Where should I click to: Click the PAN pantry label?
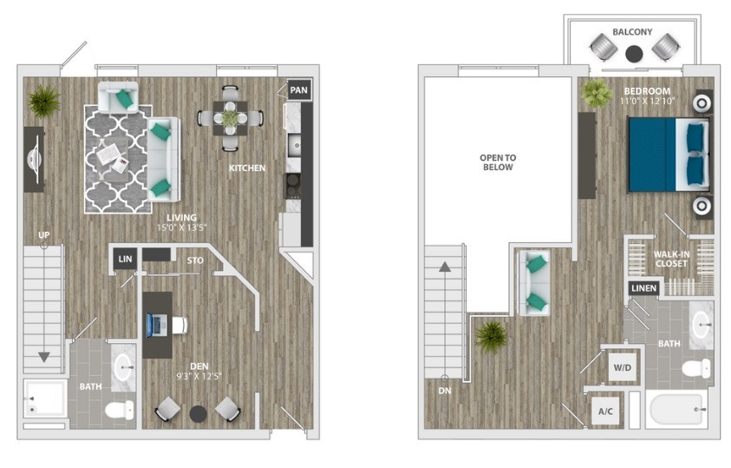point(299,90)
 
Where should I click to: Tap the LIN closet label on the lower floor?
point(125,259)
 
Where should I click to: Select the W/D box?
point(623,367)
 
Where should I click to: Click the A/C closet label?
point(605,411)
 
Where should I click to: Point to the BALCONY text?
point(632,32)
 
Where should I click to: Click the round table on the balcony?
point(634,53)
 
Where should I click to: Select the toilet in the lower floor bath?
point(120,410)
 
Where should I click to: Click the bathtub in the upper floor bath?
point(676,409)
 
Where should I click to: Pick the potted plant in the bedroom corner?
point(597,93)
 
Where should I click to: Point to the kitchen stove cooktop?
point(293,185)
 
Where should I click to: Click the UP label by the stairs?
point(44,234)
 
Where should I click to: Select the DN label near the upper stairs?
point(445,391)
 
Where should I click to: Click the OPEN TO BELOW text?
point(498,162)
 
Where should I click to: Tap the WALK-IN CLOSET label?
point(671,259)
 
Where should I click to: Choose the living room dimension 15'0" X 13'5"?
point(182,227)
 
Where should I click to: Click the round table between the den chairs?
point(198,414)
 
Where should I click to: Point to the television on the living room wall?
point(35,159)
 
